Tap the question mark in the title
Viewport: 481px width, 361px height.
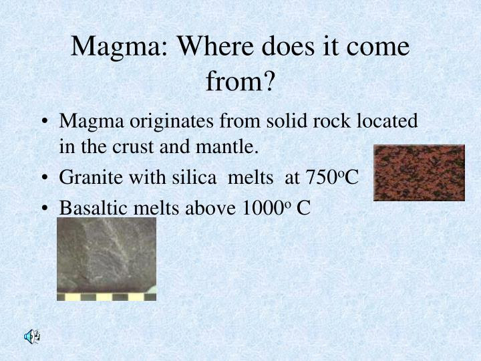point(268,82)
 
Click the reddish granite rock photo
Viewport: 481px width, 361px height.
point(419,172)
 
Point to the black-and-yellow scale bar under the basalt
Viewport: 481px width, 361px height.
point(106,295)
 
